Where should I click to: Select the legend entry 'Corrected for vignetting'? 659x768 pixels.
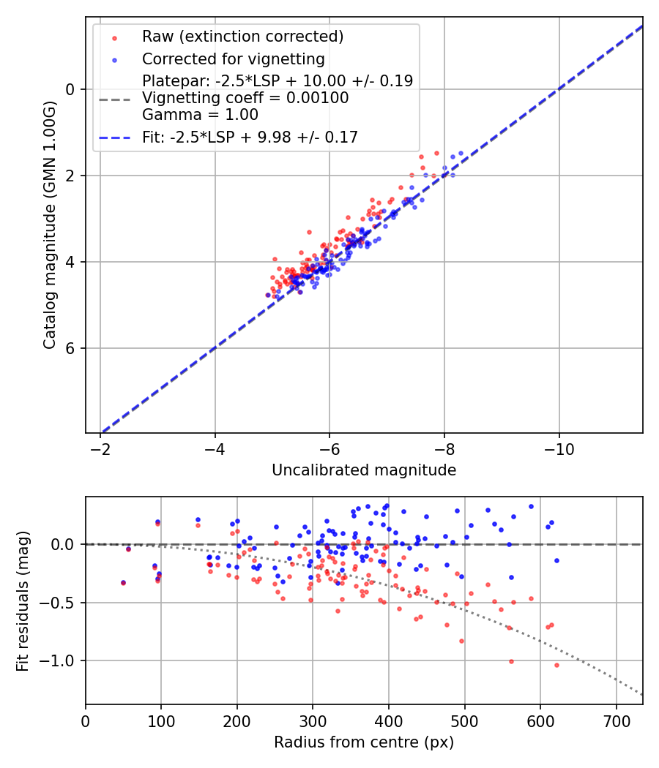[x=233, y=59]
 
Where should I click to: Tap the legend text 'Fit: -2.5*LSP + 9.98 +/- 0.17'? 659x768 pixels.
[x=250, y=137]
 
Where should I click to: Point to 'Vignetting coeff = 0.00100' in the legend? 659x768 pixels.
[x=245, y=98]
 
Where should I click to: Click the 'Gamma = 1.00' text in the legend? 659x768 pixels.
[x=200, y=115]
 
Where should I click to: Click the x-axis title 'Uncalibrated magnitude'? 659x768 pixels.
[x=364, y=470]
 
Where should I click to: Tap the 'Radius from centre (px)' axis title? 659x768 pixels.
[x=364, y=742]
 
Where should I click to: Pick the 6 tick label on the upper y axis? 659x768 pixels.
[x=71, y=348]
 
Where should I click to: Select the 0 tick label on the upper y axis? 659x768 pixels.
[x=71, y=89]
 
